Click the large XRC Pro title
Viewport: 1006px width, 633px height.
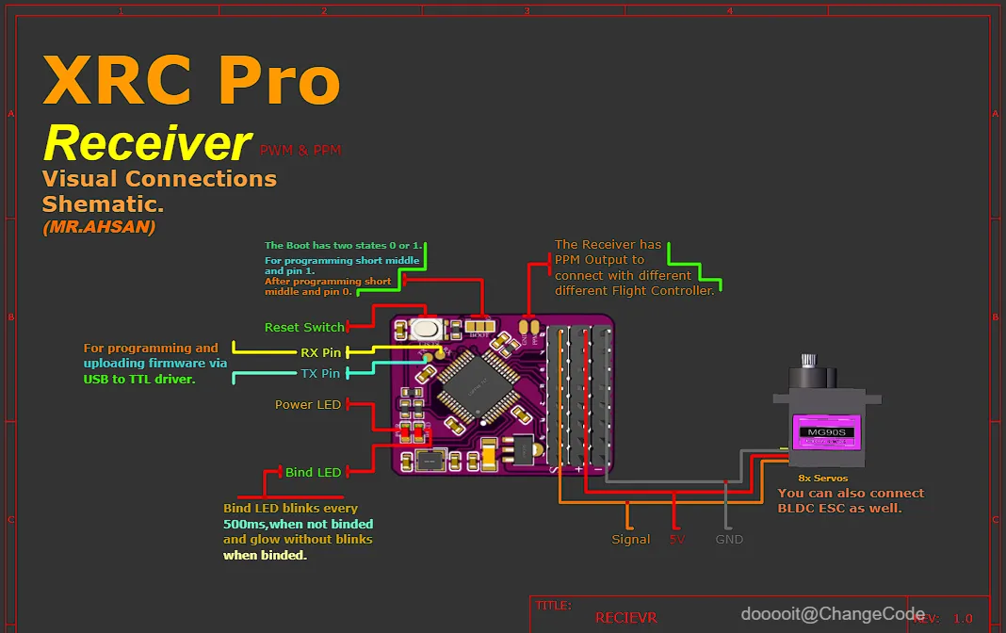(x=191, y=81)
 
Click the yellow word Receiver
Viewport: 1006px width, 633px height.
(x=147, y=143)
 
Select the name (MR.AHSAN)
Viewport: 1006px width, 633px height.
(x=99, y=227)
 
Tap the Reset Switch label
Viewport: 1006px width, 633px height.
(x=304, y=327)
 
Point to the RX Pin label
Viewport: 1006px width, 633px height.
(x=320, y=352)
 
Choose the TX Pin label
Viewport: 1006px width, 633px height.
(x=320, y=373)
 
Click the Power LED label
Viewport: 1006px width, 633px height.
(x=307, y=404)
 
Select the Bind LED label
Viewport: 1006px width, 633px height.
(x=313, y=472)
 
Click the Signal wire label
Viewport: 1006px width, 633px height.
(x=630, y=539)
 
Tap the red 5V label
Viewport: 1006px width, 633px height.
(x=676, y=539)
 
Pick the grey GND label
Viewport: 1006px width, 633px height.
(x=729, y=539)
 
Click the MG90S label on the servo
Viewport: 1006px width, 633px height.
(x=826, y=433)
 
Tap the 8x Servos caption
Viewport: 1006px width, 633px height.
(x=823, y=479)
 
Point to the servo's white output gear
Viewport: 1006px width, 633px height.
(x=808, y=362)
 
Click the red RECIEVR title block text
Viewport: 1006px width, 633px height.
(x=626, y=618)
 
